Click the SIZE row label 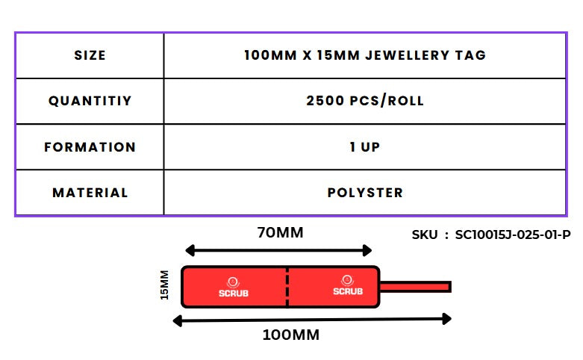(90, 55)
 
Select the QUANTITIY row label (90, 101)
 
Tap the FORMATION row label (90, 147)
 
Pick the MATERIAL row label (90, 193)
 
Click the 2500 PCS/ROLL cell (364, 101)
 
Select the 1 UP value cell (364, 147)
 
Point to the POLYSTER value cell (364, 193)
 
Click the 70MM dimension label (280, 232)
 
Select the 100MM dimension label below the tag (291, 335)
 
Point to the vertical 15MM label (165, 285)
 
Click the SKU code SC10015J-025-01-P (512, 235)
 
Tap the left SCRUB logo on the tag (233, 287)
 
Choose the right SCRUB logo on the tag (347, 287)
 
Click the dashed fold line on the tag (287, 287)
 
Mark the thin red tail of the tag (416, 287)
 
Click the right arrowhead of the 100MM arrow (446, 319)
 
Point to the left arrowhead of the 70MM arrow (190, 250)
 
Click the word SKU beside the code (425, 235)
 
